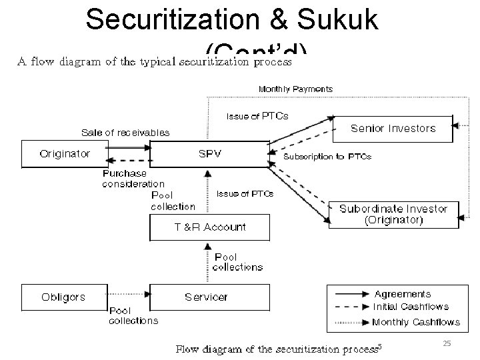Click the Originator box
tap(65, 154)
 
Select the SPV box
tap(210, 154)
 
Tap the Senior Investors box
tap(393, 129)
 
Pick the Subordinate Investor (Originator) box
tap(393, 214)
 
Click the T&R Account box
tap(210, 227)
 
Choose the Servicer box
tap(207, 297)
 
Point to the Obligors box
tap(64, 297)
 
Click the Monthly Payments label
tap(295, 89)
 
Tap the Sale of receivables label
tap(125, 133)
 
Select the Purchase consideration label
tap(133, 179)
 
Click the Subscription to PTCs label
tap(327, 157)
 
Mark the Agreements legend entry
tap(402, 294)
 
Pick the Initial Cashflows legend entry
tap(411, 307)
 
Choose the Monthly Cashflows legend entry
tap(415, 322)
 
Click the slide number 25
tap(447, 343)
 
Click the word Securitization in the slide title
tap(171, 21)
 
